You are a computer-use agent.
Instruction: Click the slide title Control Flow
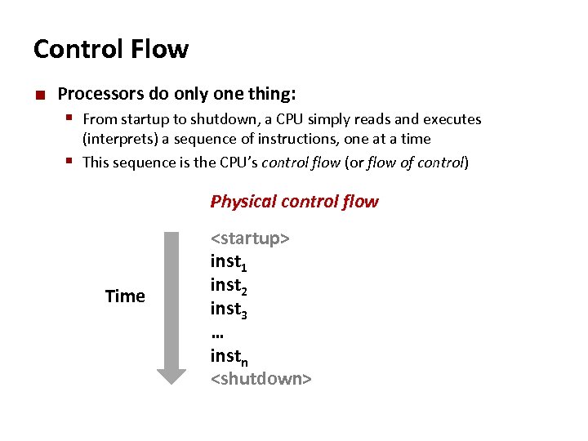110,50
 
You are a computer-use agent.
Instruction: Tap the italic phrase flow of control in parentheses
416,162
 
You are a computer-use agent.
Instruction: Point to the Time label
125,296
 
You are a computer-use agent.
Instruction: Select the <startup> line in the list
250,238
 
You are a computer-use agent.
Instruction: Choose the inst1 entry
229,262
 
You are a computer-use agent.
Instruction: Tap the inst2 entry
229,286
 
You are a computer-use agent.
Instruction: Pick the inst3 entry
229,310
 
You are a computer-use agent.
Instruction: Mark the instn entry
229,356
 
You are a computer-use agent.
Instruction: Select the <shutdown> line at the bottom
261,379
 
